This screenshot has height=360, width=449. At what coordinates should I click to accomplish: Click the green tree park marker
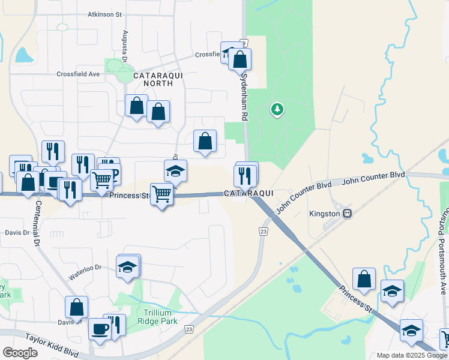(277, 109)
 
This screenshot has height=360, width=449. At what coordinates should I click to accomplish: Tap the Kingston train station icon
(347, 214)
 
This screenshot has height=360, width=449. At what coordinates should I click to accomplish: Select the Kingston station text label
(325, 214)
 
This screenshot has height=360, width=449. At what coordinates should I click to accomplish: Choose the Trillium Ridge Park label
(161, 317)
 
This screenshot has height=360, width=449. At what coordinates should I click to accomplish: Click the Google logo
(20, 353)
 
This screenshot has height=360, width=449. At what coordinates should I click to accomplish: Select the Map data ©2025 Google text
(411, 355)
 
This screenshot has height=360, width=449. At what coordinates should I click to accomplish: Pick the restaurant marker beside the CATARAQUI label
(245, 175)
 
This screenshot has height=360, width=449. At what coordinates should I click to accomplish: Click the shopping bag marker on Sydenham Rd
(240, 60)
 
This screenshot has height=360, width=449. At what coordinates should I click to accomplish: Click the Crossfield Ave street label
(78, 74)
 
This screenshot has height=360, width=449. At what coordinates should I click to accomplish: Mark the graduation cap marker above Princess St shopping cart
(175, 172)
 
